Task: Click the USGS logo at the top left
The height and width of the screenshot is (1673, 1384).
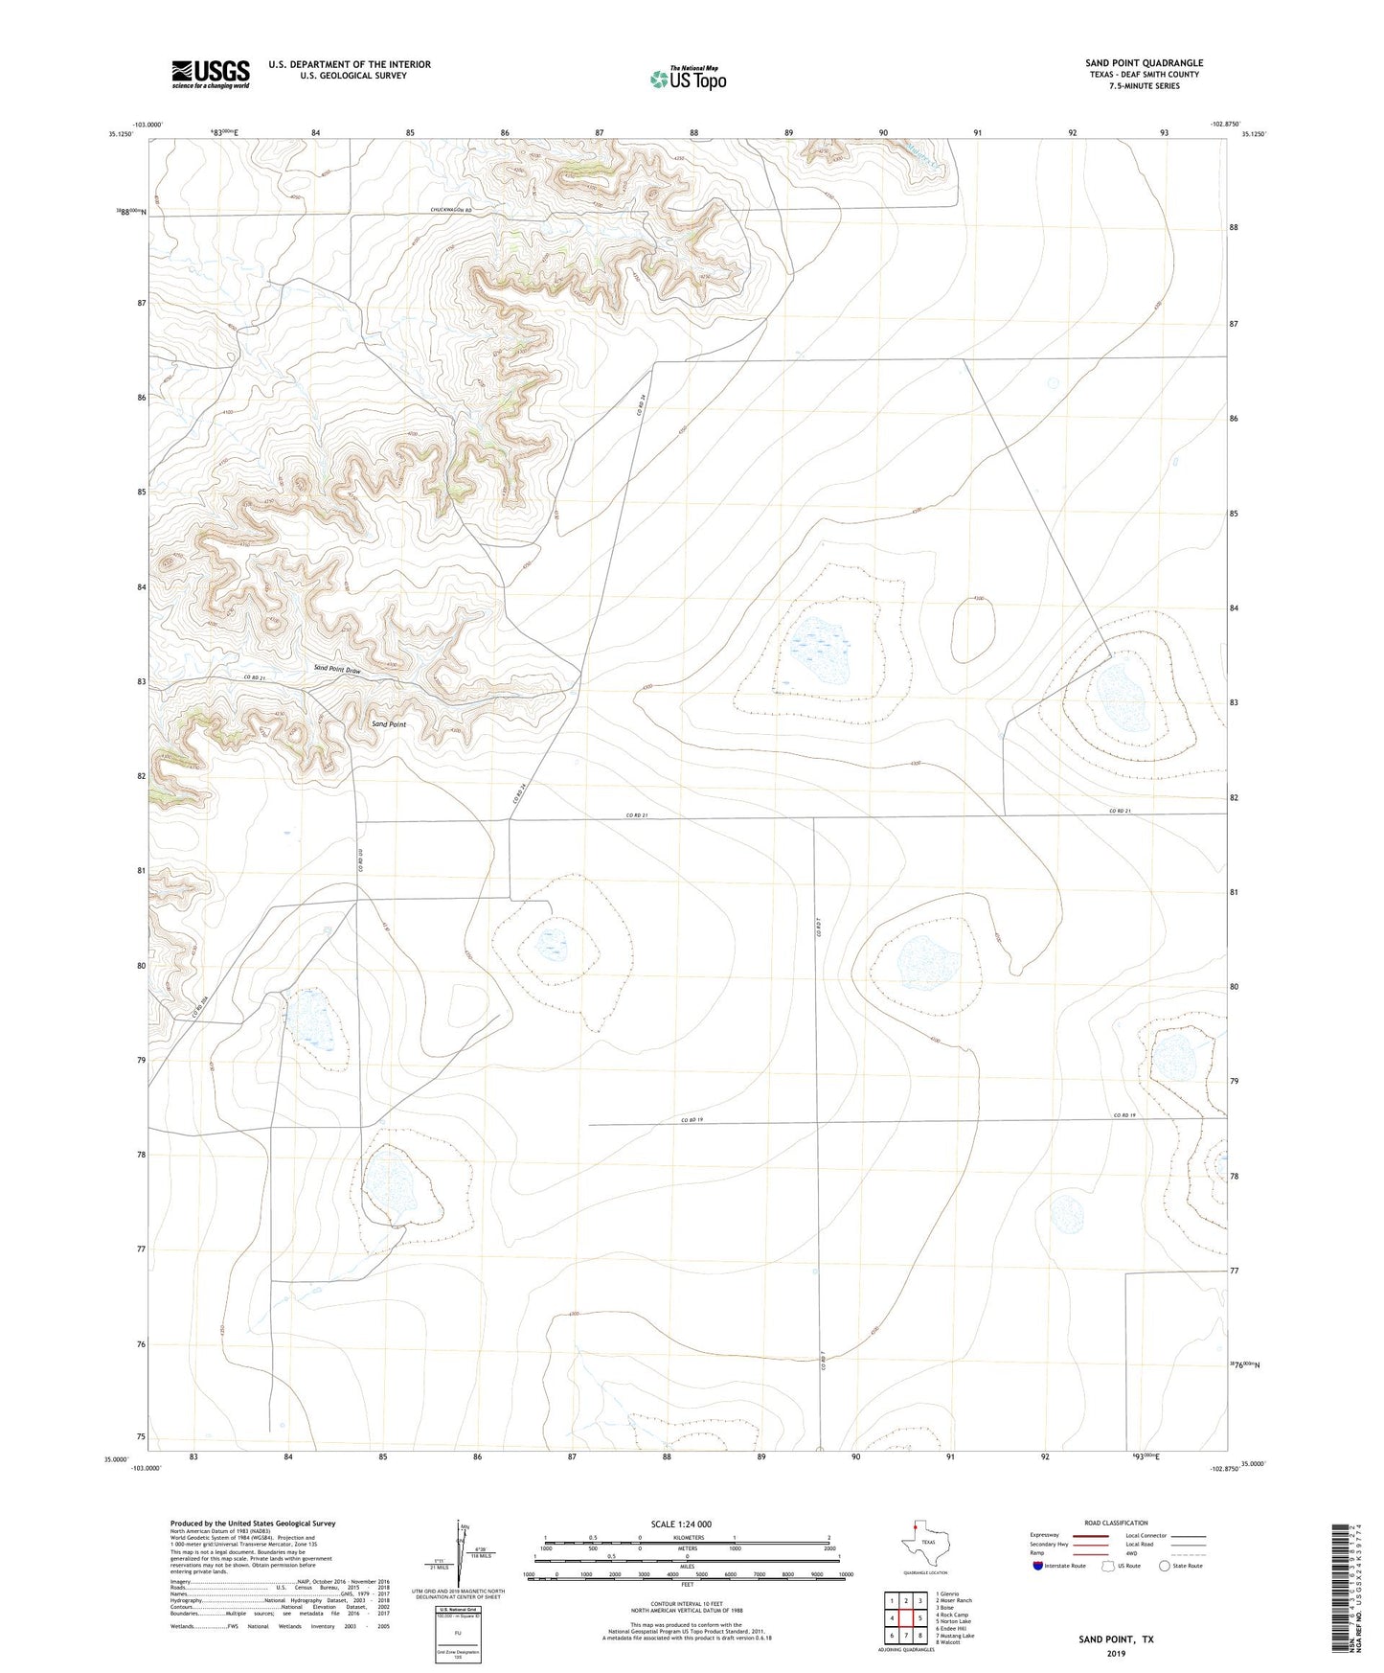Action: (x=210, y=74)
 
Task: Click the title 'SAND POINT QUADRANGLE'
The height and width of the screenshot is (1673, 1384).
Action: (x=1144, y=62)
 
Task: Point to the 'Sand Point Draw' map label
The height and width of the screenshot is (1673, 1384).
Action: (x=338, y=670)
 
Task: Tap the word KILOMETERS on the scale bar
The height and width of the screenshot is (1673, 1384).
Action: (x=687, y=1537)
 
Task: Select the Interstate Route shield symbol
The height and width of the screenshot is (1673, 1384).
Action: (x=1038, y=1567)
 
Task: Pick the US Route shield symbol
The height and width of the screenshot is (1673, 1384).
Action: (x=1110, y=1567)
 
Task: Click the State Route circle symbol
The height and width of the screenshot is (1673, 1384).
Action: (x=1165, y=1567)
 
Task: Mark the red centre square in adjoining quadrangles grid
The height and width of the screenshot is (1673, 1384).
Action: (x=906, y=1617)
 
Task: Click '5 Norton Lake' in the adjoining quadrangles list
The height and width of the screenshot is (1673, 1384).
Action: (x=953, y=1621)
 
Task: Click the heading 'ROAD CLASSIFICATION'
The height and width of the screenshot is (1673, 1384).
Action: (x=1116, y=1523)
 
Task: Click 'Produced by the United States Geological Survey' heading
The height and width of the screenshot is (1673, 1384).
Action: (x=253, y=1523)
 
